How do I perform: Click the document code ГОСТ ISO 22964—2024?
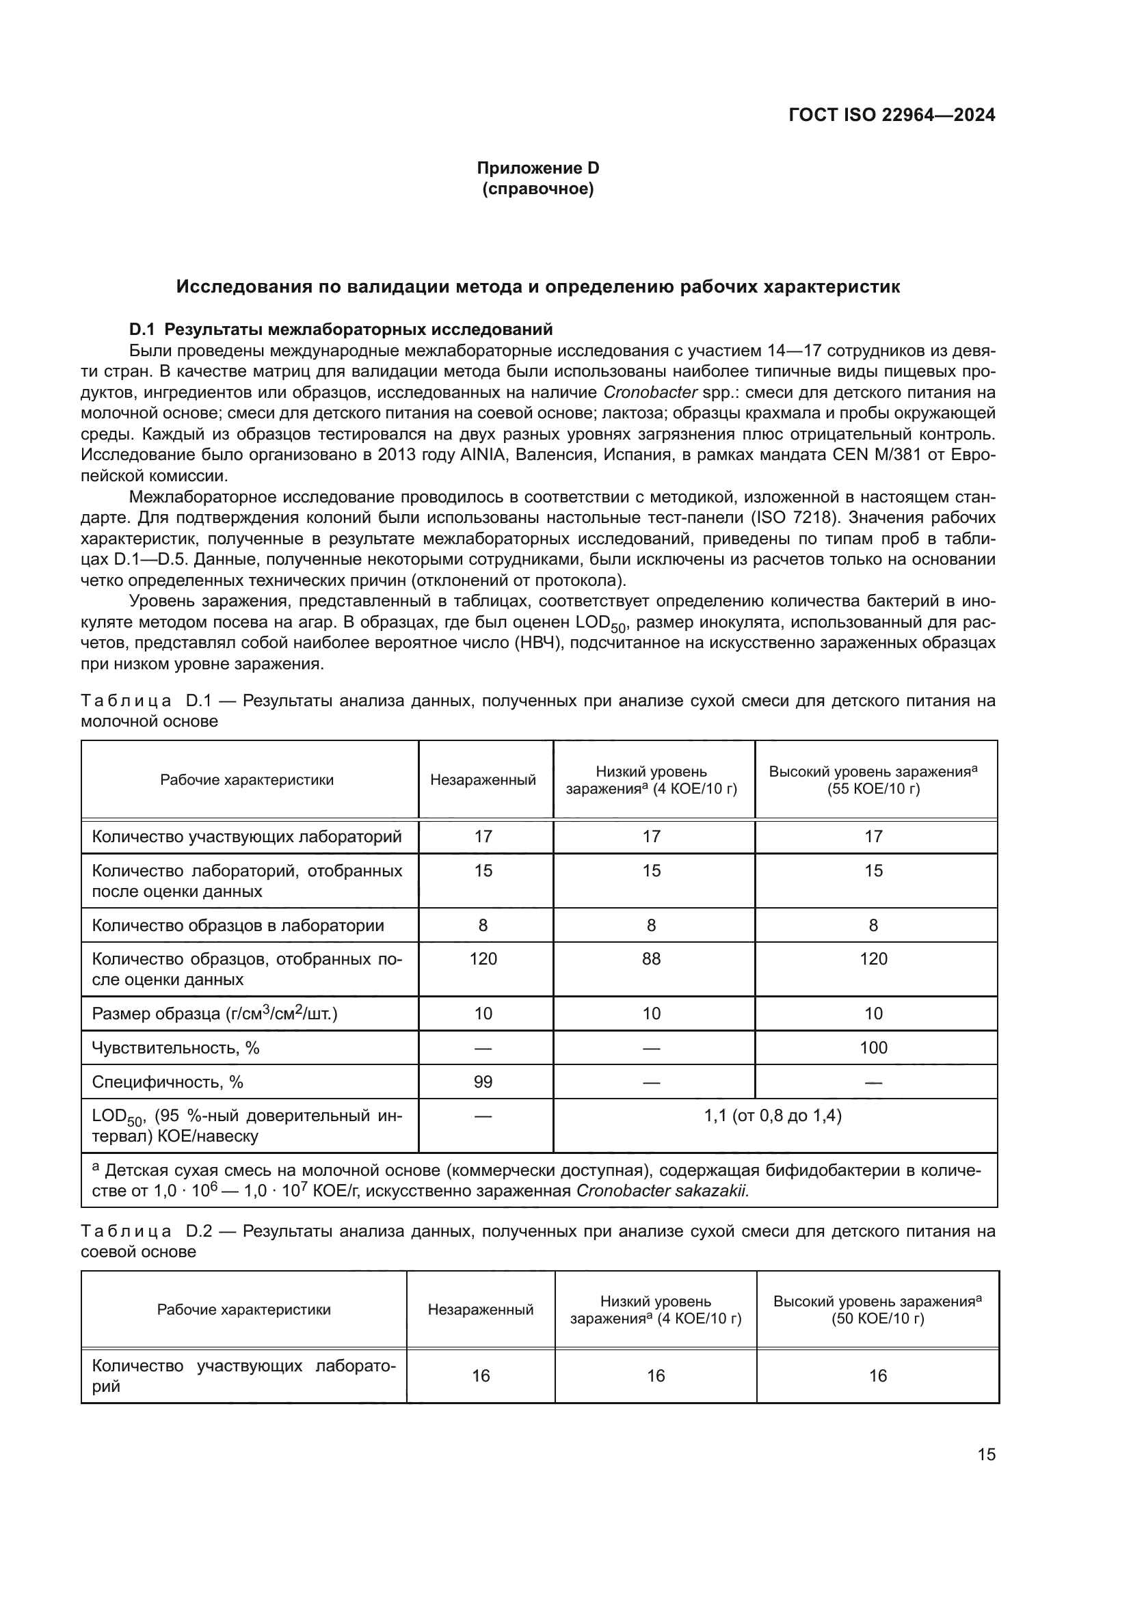[892, 115]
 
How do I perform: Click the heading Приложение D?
[537, 168]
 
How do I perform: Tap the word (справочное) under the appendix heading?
[537, 189]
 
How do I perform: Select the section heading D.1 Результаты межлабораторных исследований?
[341, 329]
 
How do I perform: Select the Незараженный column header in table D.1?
[483, 779]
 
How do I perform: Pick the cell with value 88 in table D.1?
[651, 959]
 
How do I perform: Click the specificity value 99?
[483, 1081]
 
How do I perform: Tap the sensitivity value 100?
[873, 1047]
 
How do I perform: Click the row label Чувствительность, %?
[176, 1047]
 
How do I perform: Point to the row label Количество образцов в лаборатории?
[237, 925]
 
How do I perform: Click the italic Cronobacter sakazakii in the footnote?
[663, 1190]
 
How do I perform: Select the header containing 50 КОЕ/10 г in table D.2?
[877, 1310]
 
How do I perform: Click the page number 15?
[986, 1454]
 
